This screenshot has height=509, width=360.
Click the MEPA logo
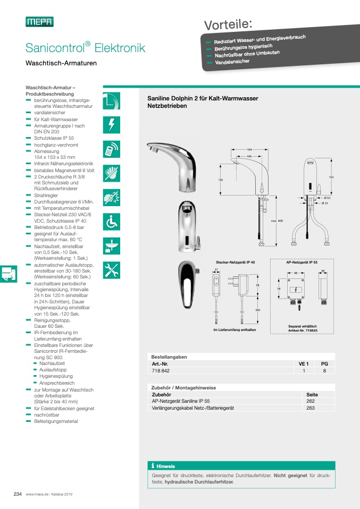(39, 22)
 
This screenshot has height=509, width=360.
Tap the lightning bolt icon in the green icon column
(111, 124)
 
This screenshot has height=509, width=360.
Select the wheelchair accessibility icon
(111, 222)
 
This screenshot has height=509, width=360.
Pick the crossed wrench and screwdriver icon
(111, 270)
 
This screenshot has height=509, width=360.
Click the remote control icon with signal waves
(111, 149)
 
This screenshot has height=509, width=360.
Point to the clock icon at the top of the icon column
(111, 100)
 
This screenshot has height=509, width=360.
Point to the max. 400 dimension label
(277, 221)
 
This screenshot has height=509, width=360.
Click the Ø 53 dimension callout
(327, 198)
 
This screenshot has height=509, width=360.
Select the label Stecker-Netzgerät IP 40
(235, 262)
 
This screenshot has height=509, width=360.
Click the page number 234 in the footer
(17, 494)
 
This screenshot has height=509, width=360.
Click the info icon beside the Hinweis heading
(153, 465)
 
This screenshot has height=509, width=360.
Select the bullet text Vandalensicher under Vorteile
(231, 62)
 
